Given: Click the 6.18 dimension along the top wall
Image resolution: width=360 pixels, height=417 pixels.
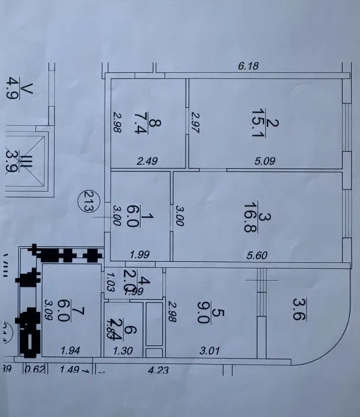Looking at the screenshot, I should pos(248,65).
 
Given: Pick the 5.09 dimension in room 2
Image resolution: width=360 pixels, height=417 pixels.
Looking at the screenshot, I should pos(265,161).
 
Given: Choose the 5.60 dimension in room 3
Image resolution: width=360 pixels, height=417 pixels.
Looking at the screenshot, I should pos(257,256).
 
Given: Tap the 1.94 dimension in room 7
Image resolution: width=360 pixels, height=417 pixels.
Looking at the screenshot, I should pos(70,351).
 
